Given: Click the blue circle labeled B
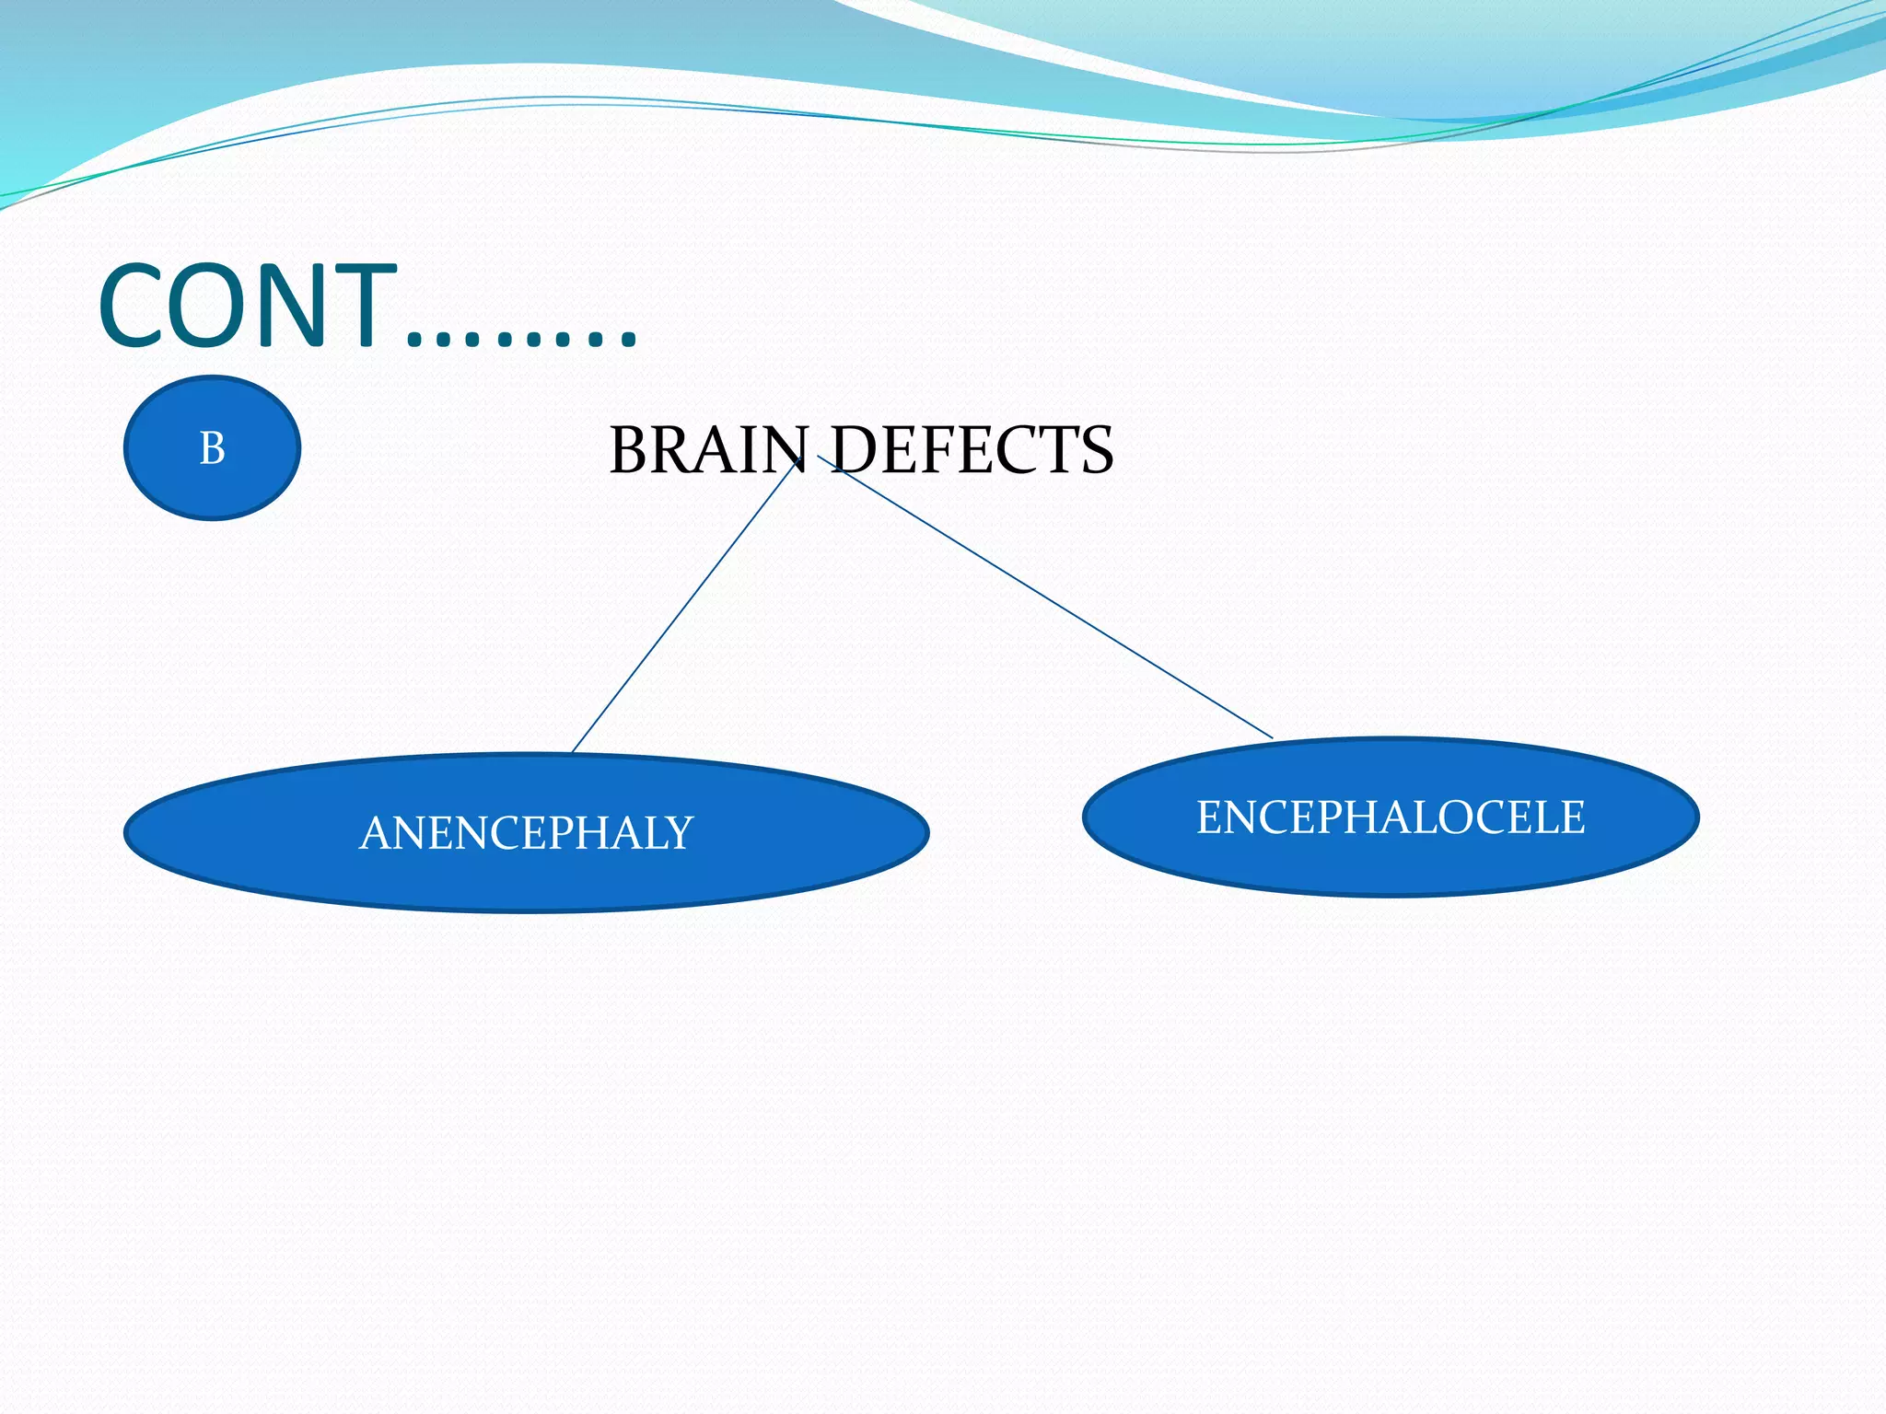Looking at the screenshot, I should [212, 447].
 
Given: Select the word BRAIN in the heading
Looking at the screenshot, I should [707, 450].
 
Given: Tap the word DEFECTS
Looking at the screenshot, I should [972, 450].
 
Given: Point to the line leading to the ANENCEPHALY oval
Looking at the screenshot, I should [681, 608].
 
